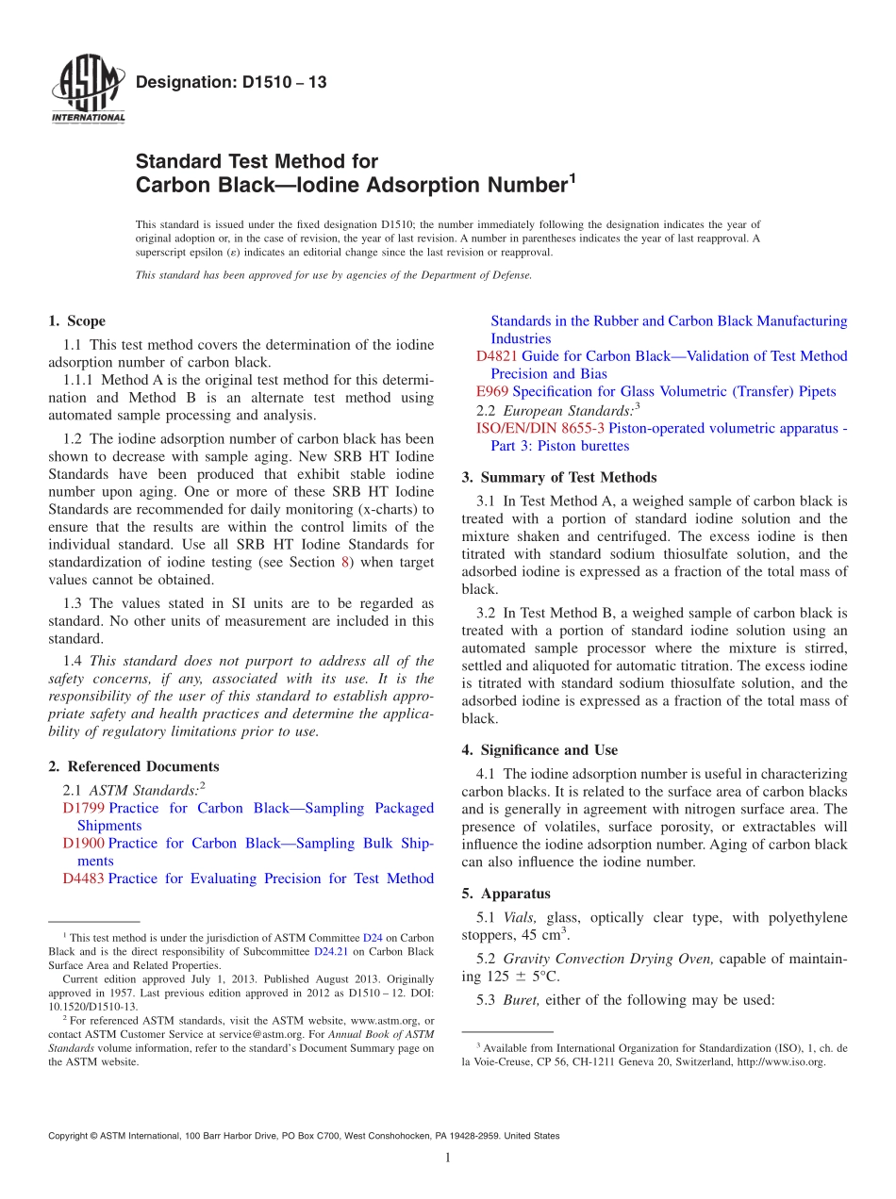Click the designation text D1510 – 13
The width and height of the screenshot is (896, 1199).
coord(231,83)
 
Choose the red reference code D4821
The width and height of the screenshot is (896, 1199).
coord(497,356)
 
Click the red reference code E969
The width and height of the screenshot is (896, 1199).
coord(492,391)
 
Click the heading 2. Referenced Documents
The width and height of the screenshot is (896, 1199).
coord(133,766)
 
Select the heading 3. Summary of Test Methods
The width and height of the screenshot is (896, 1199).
coord(559,478)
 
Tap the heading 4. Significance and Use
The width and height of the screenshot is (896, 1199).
coord(539,750)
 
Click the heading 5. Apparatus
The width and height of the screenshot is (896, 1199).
coord(506,894)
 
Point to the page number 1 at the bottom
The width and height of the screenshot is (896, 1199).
coord(448,1158)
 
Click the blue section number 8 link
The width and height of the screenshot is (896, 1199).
coord(345,563)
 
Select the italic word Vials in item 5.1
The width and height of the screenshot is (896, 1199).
coord(520,917)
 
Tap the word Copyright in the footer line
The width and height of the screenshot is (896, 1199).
coord(72,1136)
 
